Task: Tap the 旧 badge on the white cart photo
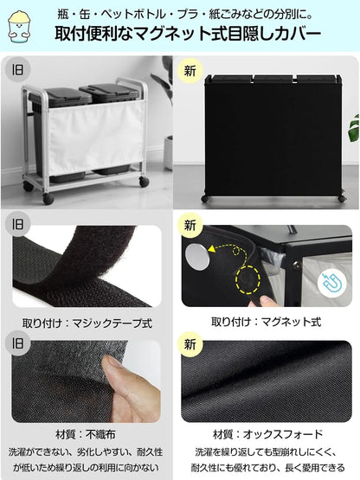pyautogui.click(x=17, y=70)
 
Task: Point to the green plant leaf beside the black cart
pyautogui.click(x=353, y=128)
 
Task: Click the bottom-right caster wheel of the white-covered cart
pyautogui.click(x=143, y=182)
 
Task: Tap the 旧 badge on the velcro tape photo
pyautogui.click(x=17, y=224)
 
